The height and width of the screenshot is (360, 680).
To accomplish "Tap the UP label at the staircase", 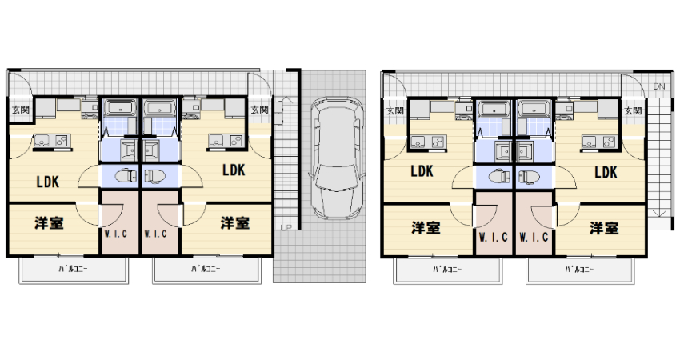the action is tap(286, 226).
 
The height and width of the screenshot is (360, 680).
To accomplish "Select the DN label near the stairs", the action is tap(658, 86).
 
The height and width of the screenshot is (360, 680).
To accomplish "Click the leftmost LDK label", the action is tap(48, 182).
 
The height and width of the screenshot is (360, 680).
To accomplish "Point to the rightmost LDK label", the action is tap(606, 172).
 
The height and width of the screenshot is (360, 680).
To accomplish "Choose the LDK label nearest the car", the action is tap(234, 170).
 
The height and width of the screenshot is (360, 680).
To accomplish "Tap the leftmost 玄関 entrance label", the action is tap(20, 110).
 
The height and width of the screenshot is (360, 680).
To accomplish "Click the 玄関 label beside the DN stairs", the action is tap(633, 110).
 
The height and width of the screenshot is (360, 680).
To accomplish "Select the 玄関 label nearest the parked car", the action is tap(259, 110).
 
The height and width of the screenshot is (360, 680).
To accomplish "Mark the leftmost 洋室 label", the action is tap(49, 223).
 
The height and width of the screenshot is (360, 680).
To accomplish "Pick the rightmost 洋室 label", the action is tap(604, 228).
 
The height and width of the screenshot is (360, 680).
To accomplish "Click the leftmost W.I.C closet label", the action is tap(116, 234).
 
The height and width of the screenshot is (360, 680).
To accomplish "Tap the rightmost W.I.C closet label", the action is tap(534, 238).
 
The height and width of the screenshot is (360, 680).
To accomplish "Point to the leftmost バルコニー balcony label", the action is tap(74, 269).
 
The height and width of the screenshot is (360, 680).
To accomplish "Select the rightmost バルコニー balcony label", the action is tap(579, 270).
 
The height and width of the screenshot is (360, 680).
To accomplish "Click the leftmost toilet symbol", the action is tap(126, 176).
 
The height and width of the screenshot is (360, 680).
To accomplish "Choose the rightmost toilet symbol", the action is tap(529, 177).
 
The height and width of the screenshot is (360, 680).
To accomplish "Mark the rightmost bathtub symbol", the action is tap(535, 108).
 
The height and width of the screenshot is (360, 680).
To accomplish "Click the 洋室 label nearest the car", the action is tap(235, 223).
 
